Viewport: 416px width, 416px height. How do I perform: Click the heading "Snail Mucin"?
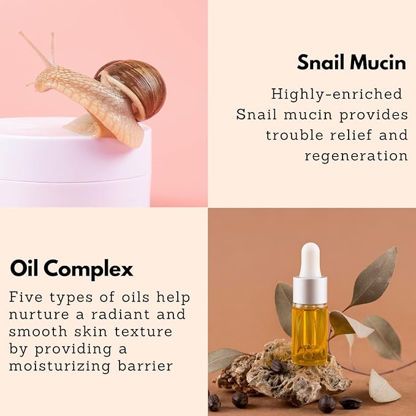(x=351, y=62)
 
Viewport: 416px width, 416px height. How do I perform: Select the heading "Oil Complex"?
(x=72, y=268)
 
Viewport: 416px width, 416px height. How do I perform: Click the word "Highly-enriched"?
(x=336, y=94)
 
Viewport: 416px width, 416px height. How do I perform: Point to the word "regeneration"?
(x=356, y=156)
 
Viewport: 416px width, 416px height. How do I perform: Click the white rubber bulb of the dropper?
(x=310, y=260)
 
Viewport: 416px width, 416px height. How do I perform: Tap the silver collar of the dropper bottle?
(x=310, y=290)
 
